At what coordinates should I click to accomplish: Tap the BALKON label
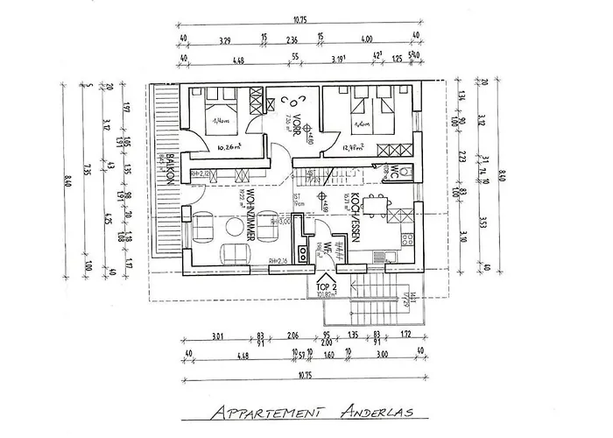(x=163, y=167)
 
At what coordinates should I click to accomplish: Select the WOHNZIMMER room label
(x=252, y=214)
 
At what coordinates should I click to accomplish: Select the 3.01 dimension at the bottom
(x=217, y=335)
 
